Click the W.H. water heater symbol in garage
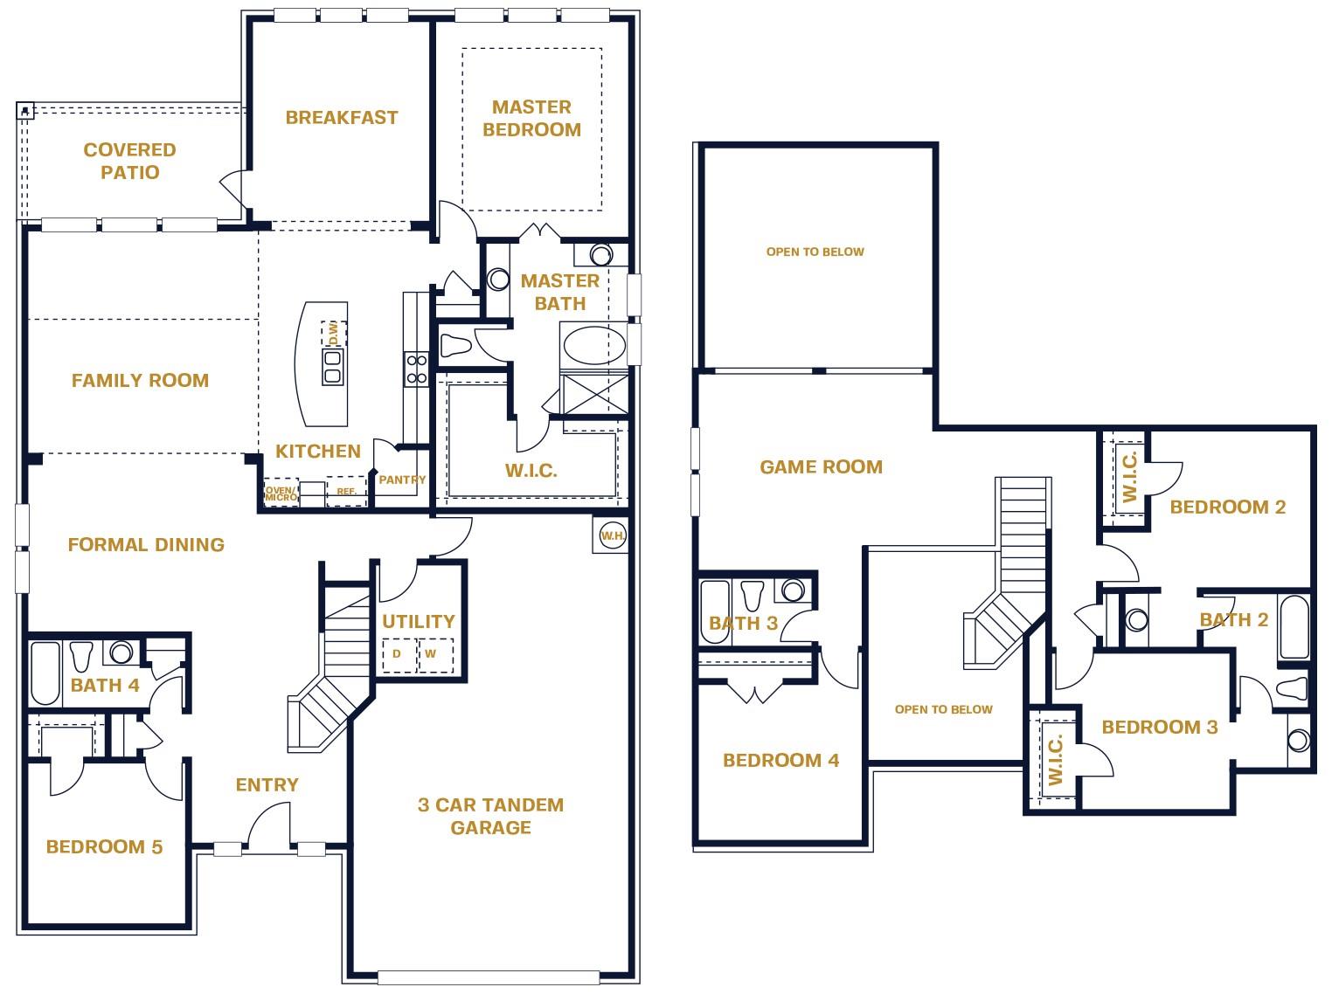coord(612,535)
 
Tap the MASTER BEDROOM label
coord(531,118)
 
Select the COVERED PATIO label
coord(129,161)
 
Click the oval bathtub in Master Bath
coord(594,345)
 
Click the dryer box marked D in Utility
coord(398,654)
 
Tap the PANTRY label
coord(402,480)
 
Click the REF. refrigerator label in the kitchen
coord(346,492)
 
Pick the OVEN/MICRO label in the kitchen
coord(281,494)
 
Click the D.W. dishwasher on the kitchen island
coord(333,332)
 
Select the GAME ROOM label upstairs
coord(821,467)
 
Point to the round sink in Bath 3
coord(793,591)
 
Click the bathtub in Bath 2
coord(1294,626)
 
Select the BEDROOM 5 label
coord(104,846)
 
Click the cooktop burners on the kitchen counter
coord(417,369)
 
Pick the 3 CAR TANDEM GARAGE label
coord(490,816)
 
